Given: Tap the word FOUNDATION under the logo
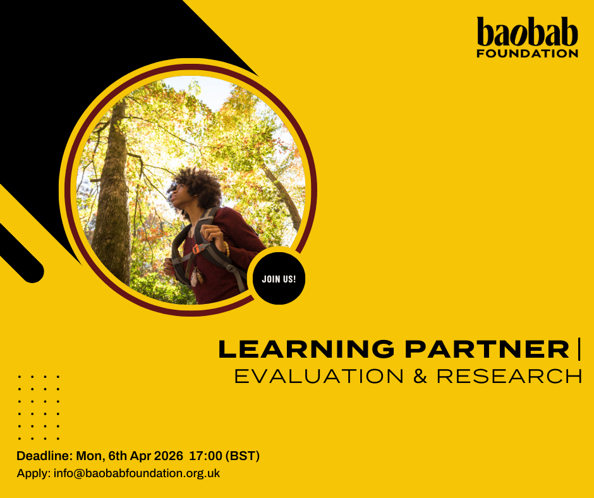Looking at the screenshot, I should (x=527, y=54).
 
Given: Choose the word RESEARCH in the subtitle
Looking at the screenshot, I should (x=509, y=376).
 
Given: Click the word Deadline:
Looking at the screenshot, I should (x=45, y=456).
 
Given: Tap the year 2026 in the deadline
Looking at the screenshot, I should (x=167, y=456).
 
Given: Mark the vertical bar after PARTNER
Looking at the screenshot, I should (x=578, y=349).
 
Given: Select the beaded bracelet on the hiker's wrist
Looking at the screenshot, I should (x=226, y=248).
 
